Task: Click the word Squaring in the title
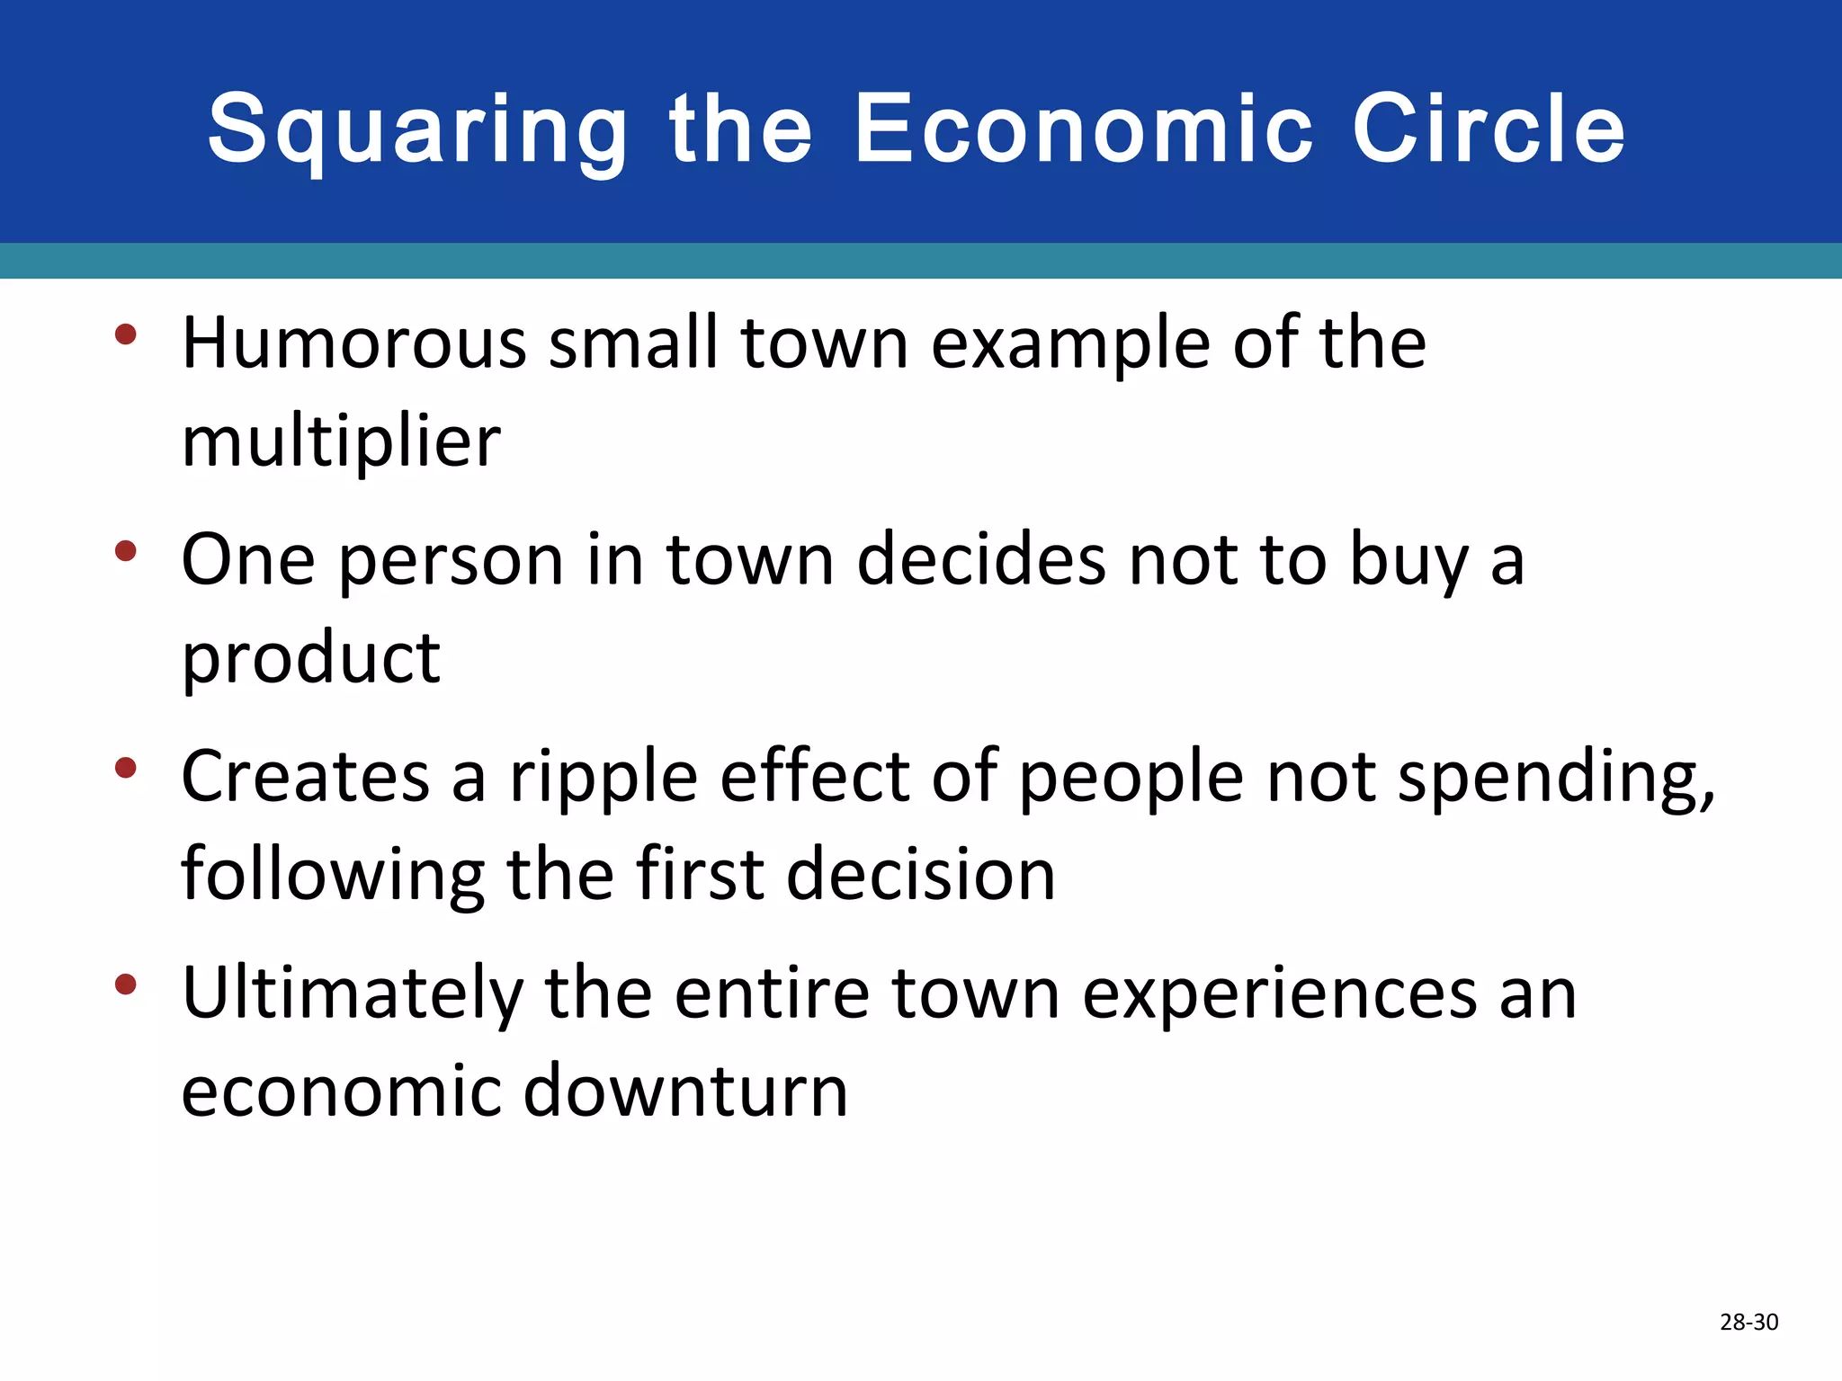coord(418,130)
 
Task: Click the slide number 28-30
coord(1748,1322)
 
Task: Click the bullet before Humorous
coord(126,335)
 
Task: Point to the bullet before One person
coord(126,551)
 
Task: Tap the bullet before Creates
coord(126,768)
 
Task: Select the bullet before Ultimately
coord(126,985)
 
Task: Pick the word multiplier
coord(341,442)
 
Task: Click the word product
coord(310,659)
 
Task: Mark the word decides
coord(981,560)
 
